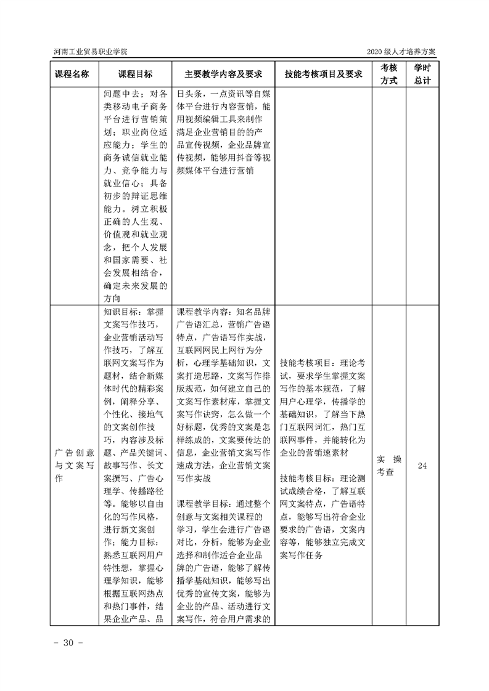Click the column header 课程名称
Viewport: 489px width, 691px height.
point(73,74)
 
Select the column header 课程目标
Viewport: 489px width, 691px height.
point(135,74)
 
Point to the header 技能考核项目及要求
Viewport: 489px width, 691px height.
point(323,74)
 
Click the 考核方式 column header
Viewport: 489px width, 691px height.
point(388,74)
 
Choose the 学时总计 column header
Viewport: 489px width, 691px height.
point(422,74)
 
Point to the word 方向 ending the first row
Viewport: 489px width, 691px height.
point(112,298)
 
